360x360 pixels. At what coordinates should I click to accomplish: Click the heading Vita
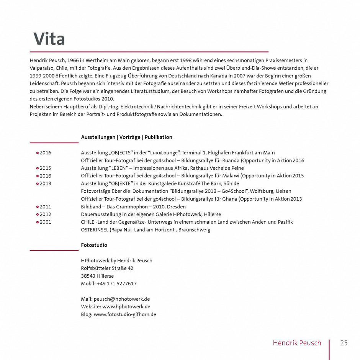click(49, 39)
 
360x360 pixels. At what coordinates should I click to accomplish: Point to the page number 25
click(344, 343)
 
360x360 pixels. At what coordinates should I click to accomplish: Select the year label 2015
click(45, 168)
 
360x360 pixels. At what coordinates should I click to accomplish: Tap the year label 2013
click(45, 183)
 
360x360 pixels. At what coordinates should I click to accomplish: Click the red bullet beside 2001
click(37, 222)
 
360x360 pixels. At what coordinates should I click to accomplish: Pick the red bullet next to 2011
click(37, 207)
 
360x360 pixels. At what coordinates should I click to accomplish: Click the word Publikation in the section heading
click(158, 137)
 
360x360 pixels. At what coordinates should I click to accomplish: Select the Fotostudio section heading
click(94, 245)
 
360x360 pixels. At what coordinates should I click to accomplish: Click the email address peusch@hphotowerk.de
click(121, 299)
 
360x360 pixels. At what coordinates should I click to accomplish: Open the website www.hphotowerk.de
click(126, 307)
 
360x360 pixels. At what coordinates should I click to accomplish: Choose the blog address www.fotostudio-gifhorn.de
click(124, 314)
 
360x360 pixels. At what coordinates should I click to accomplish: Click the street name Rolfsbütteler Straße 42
click(107, 268)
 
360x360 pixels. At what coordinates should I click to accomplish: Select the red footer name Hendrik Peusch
click(297, 343)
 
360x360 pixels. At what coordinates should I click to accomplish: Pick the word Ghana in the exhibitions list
click(229, 199)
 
